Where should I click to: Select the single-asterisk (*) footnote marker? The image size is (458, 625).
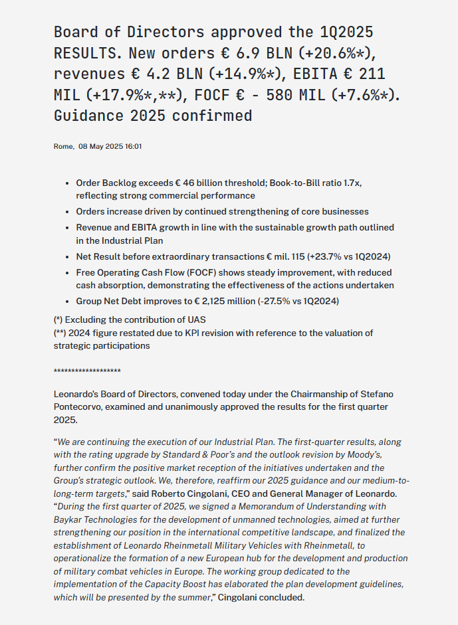pyautogui.click(x=59, y=319)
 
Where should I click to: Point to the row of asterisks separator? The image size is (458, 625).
pyautogui.click(x=87, y=371)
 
